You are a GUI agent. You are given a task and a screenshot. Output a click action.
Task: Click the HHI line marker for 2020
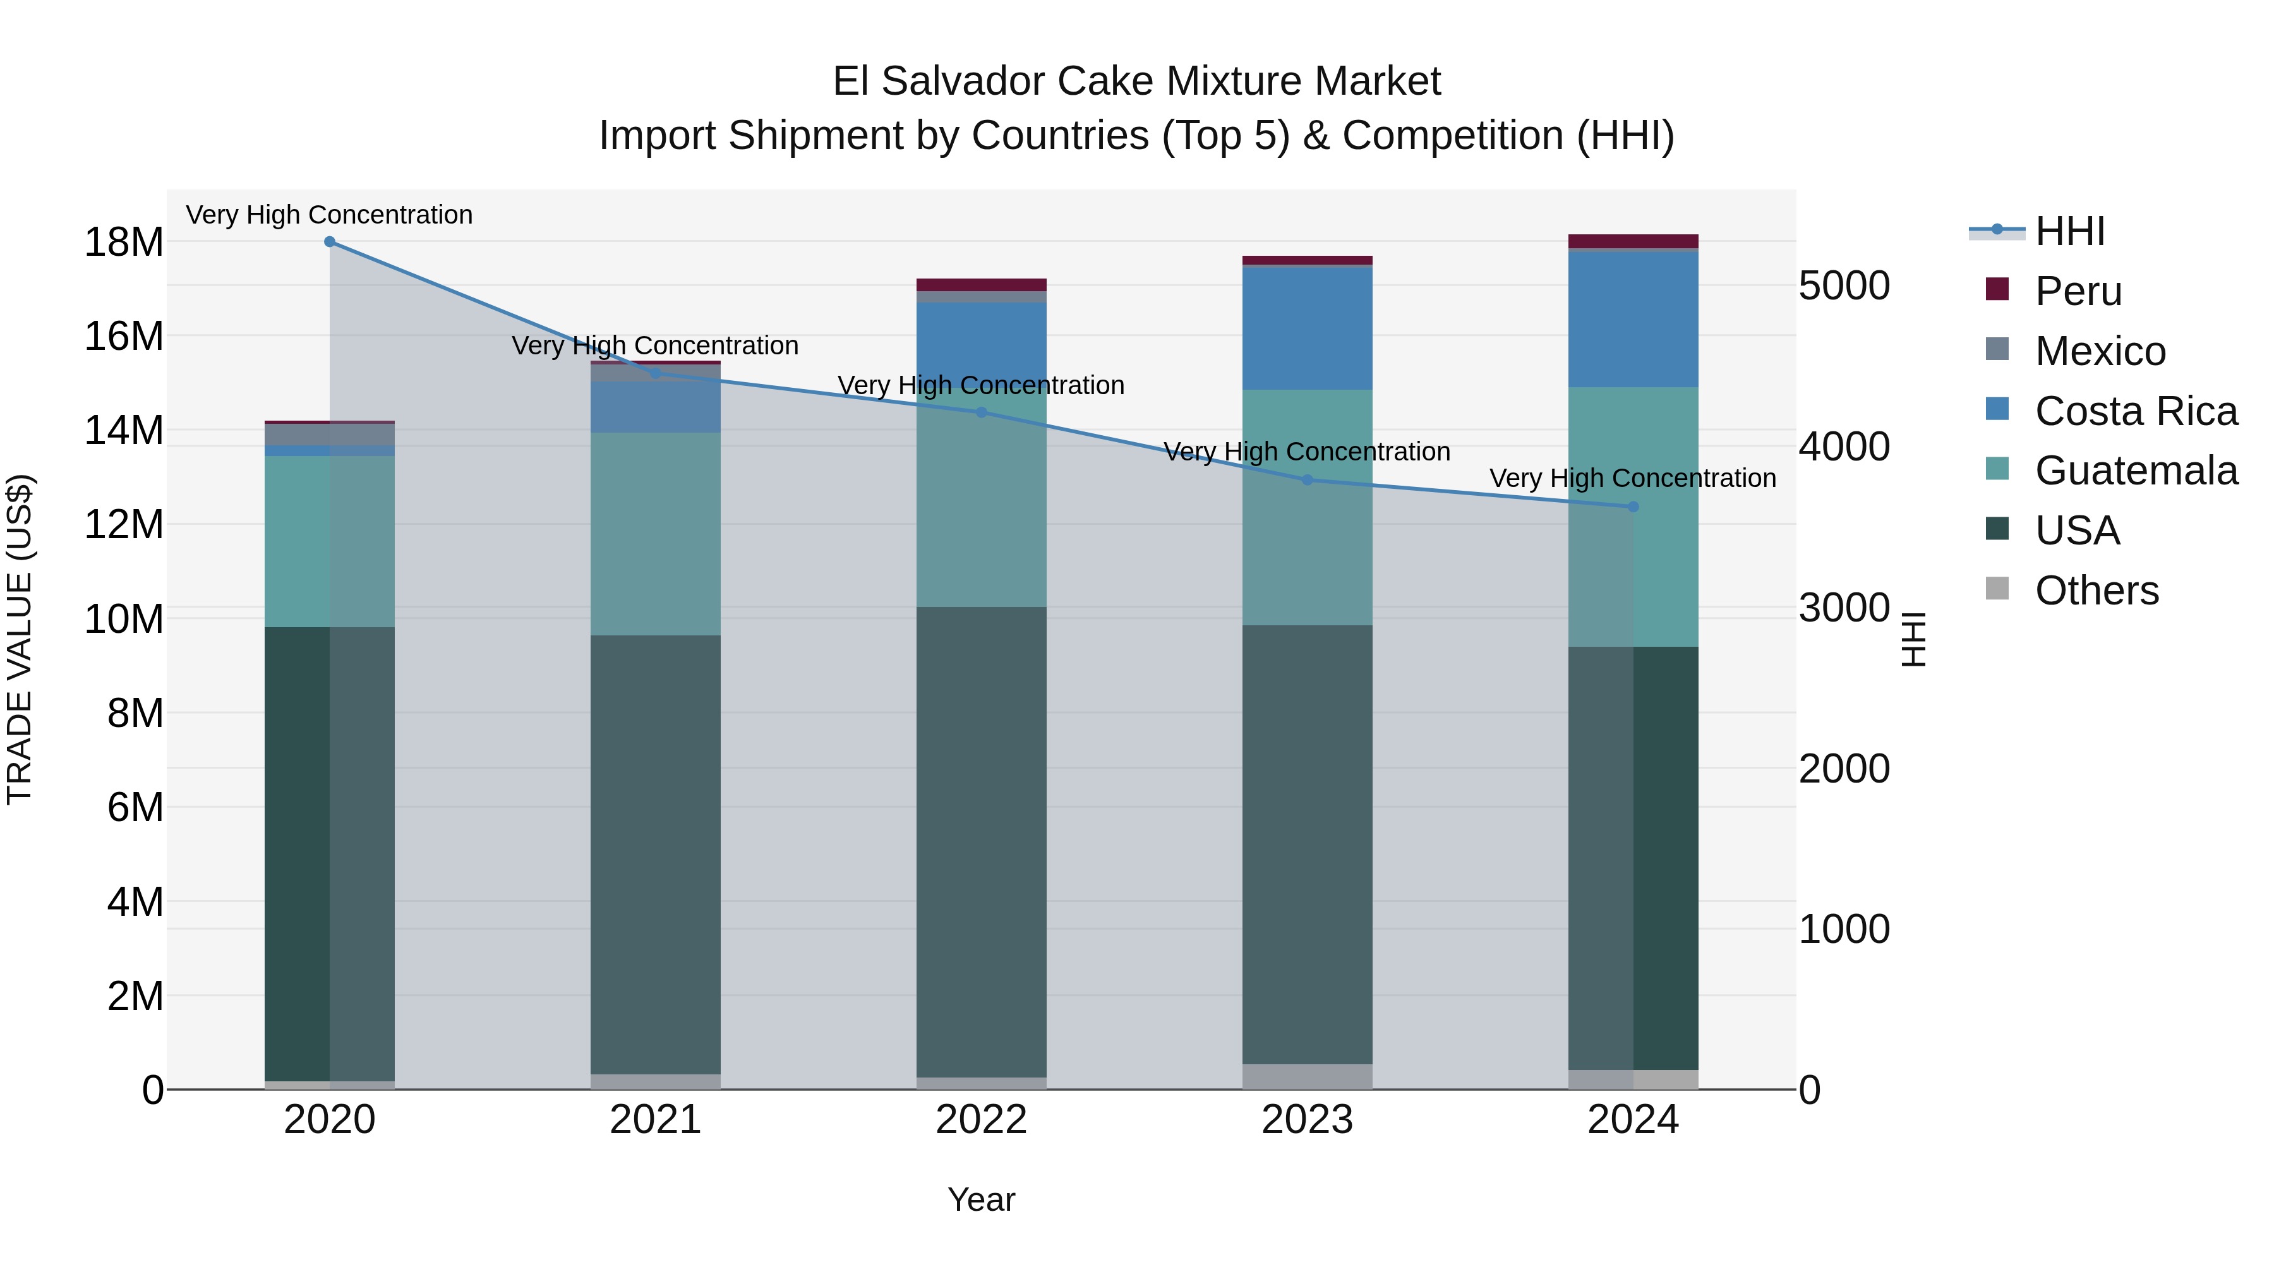pos(329,242)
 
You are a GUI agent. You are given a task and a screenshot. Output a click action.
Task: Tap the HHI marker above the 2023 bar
pos(1308,480)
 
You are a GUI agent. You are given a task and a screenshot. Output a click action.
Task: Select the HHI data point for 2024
pos(1632,507)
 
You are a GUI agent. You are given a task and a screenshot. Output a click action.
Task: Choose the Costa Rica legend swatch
pos(1997,409)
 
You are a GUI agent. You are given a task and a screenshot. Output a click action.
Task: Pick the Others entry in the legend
pos(2096,591)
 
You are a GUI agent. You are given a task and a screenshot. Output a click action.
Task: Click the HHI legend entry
pos(2069,231)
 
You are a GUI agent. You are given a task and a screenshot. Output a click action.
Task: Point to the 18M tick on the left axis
pos(124,243)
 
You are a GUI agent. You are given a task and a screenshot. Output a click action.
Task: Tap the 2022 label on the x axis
pos(981,1120)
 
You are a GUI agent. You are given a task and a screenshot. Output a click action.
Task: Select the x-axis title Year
pos(981,1199)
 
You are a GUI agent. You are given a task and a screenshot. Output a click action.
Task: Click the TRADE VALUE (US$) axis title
pos(20,639)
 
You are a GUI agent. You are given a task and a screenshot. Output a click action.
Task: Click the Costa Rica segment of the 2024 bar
pos(1632,320)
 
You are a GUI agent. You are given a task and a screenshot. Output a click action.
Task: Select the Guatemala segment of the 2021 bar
pos(655,534)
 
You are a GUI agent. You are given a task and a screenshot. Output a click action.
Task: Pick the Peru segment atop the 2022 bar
pos(981,285)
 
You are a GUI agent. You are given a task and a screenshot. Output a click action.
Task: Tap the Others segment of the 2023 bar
pos(1308,1076)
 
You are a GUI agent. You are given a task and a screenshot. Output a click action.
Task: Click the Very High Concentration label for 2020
pos(329,215)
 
